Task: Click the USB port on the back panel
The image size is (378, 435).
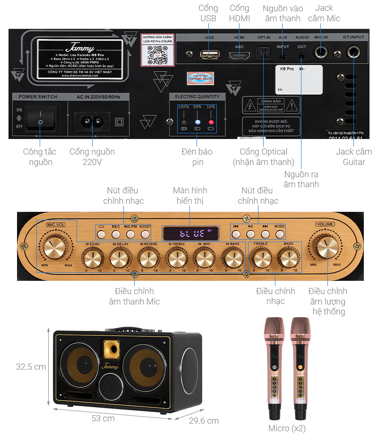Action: pos(209,54)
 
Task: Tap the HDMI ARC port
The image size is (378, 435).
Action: pos(240,55)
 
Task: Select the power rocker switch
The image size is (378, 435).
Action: pos(41,119)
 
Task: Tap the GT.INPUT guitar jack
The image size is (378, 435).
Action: pos(353,53)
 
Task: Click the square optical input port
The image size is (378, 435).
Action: pos(263,53)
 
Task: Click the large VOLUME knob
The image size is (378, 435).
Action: pos(326,246)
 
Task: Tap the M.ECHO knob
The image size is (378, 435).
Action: pos(92,258)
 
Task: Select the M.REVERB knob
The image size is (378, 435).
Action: pos(148,258)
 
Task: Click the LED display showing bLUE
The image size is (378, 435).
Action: pos(191,233)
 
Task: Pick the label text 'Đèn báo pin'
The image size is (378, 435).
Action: pos(197,157)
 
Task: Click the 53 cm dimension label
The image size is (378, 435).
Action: pos(103,418)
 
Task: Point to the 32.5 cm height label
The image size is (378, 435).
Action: pos(31,367)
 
